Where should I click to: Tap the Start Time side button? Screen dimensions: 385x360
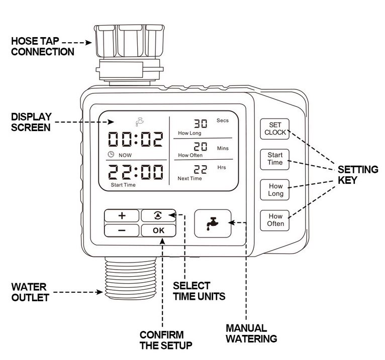click(275, 159)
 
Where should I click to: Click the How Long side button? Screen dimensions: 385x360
click(275, 190)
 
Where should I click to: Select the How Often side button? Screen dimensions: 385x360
click(275, 220)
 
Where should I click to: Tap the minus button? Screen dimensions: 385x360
click(122, 230)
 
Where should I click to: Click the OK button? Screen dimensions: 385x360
click(159, 230)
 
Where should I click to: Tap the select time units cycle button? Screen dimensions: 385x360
click(159, 215)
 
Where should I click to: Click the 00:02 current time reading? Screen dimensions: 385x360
click(136, 139)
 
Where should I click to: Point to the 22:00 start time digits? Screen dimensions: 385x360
click(136, 172)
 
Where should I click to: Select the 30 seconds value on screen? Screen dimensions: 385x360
click(201, 124)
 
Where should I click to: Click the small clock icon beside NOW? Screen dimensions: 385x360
click(111, 154)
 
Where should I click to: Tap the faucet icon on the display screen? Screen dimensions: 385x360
click(140, 122)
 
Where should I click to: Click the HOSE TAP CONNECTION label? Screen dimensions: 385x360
click(43, 46)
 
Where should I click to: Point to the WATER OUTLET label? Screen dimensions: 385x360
click(30, 292)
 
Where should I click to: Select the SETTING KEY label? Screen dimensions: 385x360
click(358, 175)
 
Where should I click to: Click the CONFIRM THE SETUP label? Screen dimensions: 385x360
click(166, 340)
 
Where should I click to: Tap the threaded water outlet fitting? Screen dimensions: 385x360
click(131, 278)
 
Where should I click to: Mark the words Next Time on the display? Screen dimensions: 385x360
click(189, 179)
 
